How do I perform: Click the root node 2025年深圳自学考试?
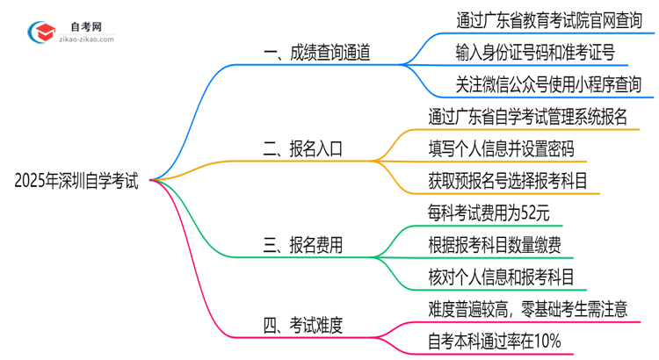[x=76, y=182]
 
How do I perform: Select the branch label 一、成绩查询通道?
[x=316, y=53]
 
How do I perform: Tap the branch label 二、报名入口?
[x=305, y=148]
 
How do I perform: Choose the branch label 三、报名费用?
[x=305, y=245]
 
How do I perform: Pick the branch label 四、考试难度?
[x=305, y=326]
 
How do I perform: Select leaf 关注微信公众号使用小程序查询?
[x=536, y=85]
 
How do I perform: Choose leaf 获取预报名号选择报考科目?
[x=507, y=180]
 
